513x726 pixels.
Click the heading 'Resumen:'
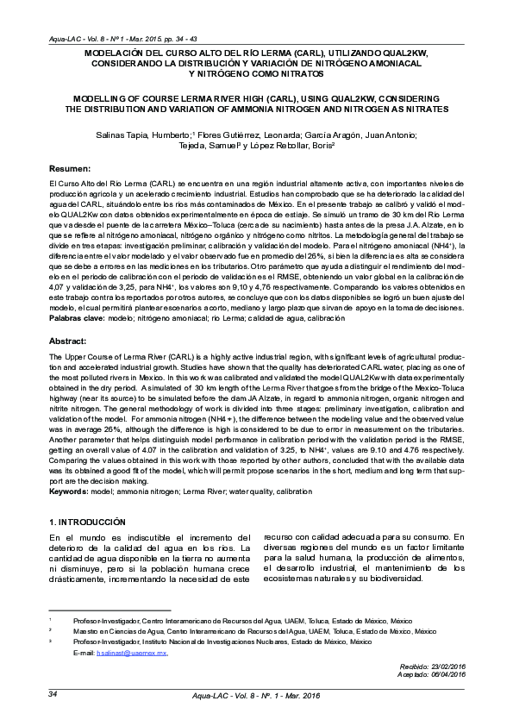click(x=69, y=168)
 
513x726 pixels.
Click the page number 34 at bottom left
click(x=53, y=694)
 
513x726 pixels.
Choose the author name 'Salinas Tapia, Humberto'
click(x=143, y=135)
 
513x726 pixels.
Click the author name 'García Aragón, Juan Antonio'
click(x=363, y=135)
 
